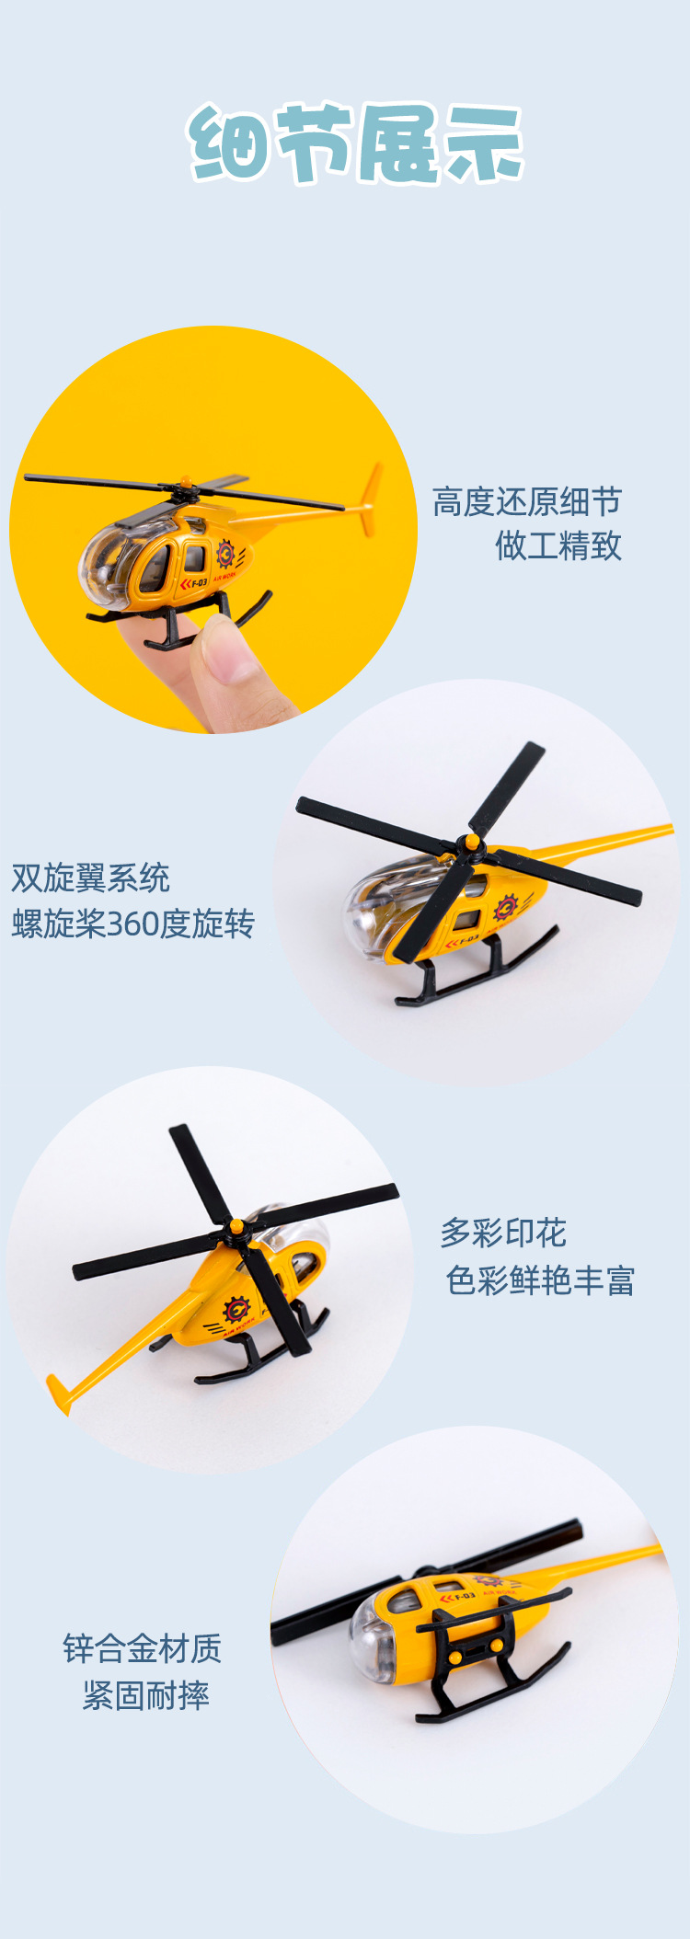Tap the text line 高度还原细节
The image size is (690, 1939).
click(527, 502)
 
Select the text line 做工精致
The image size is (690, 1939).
click(558, 546)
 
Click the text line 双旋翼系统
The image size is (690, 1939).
click(90, 878)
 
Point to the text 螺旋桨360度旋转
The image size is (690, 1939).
click(132, 924)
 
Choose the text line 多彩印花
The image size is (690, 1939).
click(503, 1233)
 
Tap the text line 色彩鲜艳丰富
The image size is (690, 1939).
click(540, 1279)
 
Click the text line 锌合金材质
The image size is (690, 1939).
click(143, 1648)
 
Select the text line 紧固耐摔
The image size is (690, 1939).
click(146, 1695)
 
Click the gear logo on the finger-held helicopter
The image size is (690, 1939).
click(225, 554)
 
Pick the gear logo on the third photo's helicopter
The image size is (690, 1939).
click(236, 1309)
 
